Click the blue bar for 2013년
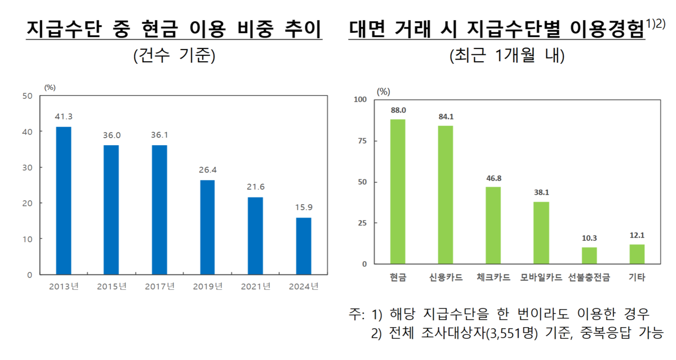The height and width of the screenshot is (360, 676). [x=64, y=201]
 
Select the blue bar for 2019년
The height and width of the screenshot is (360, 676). [x=208, y=228]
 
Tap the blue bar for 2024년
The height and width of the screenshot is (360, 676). [x=304, y=246]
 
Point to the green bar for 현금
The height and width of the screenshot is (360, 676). [x=398, y=192]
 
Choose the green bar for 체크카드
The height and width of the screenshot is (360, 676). [x=493, y=225]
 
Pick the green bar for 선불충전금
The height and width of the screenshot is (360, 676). [x=589, y=255]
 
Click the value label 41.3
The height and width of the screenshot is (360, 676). [x=64, y=116]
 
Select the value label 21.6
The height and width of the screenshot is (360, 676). [x=256, y=187]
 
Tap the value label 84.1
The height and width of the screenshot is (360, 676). [x=446, y=117]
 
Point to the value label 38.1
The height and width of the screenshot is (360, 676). [x=541, y=192]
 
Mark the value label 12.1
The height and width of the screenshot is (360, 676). [x=637, y=235]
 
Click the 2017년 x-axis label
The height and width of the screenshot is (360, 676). [x=159, y=286]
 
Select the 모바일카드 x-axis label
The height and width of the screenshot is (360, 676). [x=541, y=277]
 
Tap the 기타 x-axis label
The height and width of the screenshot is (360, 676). [x=637, y=277]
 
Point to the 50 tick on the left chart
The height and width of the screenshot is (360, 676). [x=27, y=96]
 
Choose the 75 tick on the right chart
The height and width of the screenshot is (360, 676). [x=362, y=141]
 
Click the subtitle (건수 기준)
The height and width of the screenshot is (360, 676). [x=174, y=55]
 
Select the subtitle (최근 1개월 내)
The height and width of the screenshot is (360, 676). [x=507, y=55]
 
